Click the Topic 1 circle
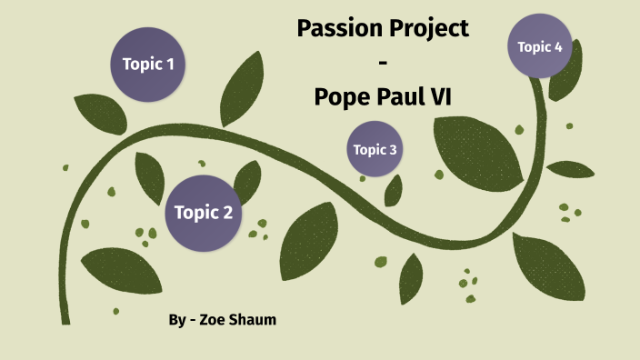pyautogui.click(x=148, y=64)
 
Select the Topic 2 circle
pyautogui.click(x=203, y=213)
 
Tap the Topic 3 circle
pyautogui.click(x=375, y=149)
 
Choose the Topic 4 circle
pyautogui.click(x=540, y=46)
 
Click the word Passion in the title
pyautogui.click(x=335, y=29)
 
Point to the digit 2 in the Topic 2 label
pyautogui.click(x=227, y=213)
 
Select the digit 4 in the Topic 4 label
pyautogui.click(x=558, y=46)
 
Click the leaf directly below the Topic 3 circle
pyautogui.click(x=394, y=189)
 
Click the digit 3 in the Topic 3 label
pyautogui.click(x=393, y=149)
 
